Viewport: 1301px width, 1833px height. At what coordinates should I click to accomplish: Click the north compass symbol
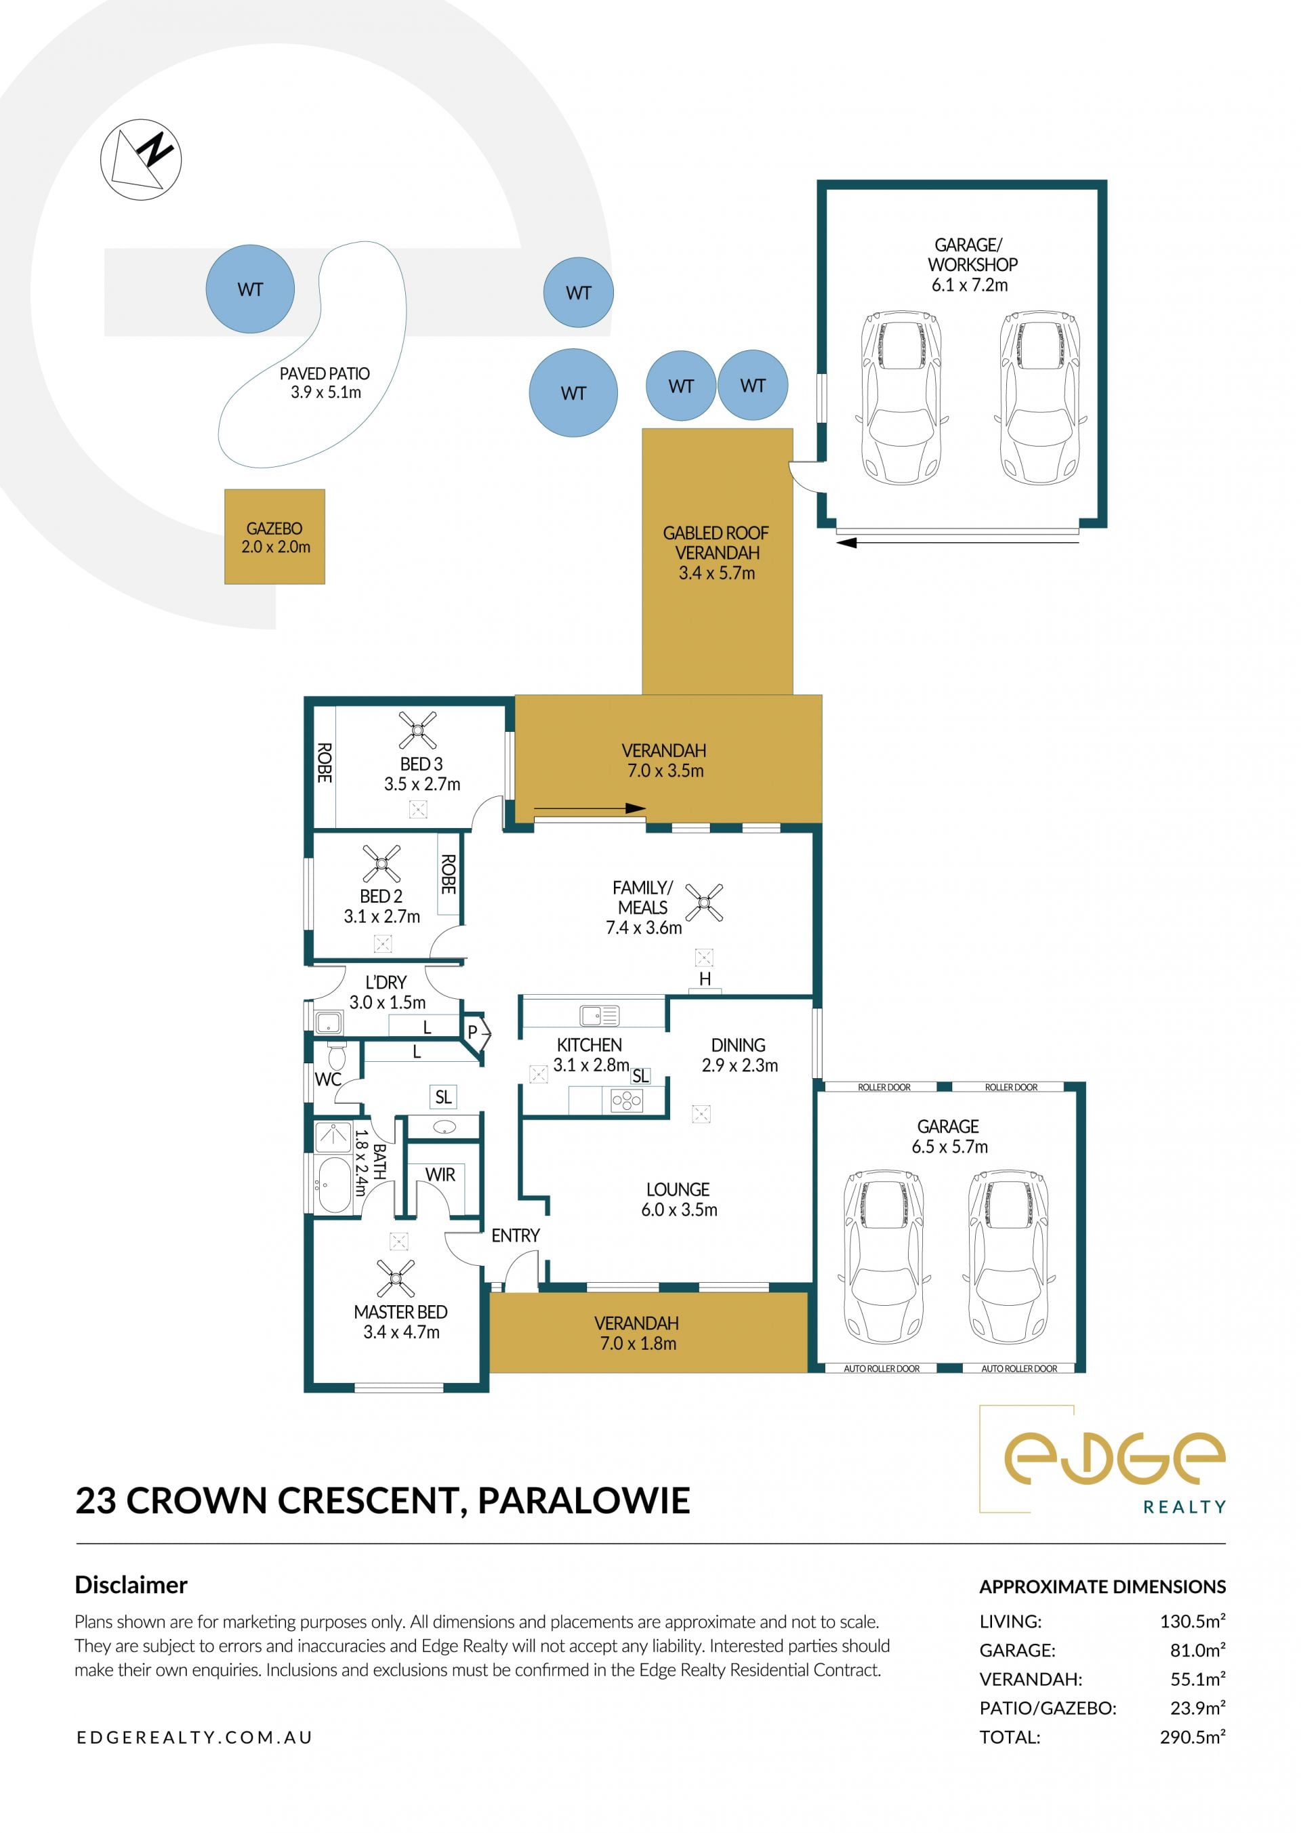(x=141, y=159)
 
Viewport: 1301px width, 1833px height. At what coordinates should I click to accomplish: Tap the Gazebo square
(x=275, y=537)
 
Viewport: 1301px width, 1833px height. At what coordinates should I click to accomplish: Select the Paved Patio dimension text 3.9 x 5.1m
(x=326, y=392)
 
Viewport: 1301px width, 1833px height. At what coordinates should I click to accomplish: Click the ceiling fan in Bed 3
(x=417, y=730)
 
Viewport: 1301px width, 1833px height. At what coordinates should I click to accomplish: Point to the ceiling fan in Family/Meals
(x=704, y=903)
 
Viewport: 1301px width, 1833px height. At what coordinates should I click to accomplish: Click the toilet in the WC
(x=337, y=1055)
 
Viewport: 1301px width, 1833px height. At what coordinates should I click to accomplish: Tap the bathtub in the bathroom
(x=333, y=1184)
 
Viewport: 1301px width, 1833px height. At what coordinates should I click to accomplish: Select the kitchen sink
(x=599, y=1016)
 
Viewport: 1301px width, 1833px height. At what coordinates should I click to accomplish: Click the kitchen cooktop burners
(x=627, y=1102)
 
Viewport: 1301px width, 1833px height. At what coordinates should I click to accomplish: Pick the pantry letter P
(x=473, y=1033)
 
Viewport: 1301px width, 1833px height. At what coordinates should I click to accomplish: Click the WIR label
(x=440, y=1174)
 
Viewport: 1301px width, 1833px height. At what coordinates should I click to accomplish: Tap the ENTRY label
(x=515, y=1235)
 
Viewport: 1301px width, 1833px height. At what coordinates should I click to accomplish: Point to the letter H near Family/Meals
(x=705, y=979)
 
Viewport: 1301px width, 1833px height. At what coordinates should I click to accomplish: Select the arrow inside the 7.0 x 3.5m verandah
(x=590, y=808)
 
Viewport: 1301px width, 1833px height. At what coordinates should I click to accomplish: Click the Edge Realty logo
(x=1103, y=1460)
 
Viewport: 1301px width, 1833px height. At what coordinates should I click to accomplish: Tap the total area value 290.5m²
(x=1192, y=1737)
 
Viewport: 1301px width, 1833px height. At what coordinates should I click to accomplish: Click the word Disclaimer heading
(x=131, y=1585)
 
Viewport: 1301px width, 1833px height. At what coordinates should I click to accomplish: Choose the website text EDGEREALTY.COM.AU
(x=194, y=1737)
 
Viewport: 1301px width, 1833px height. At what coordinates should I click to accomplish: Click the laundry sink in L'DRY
(x=329, y=1023)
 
